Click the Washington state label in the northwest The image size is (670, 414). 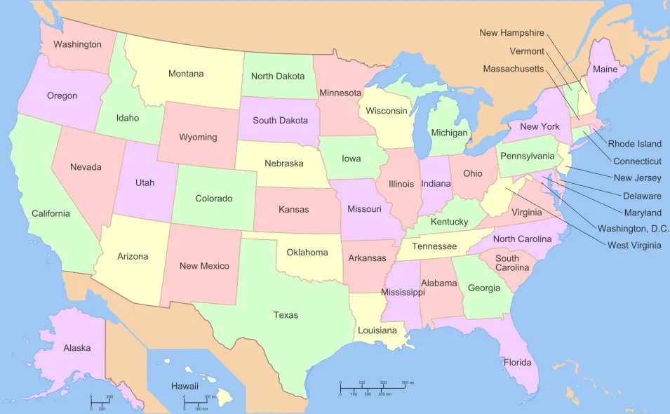77,44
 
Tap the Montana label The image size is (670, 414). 186,74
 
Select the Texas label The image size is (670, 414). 286,315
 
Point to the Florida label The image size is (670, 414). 517,363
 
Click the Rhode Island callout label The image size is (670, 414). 634,144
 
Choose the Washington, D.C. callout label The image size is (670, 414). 633,228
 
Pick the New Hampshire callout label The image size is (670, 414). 511,33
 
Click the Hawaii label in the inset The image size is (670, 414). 185,386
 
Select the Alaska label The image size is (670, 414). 76,347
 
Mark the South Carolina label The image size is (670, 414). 507,263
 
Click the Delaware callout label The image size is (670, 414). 642,196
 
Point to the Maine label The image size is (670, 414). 605,69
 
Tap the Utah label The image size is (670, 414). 145,182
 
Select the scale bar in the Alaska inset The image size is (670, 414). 101,403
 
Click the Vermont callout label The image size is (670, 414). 526,51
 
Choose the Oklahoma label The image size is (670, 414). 307,252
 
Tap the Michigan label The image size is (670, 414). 449,133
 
